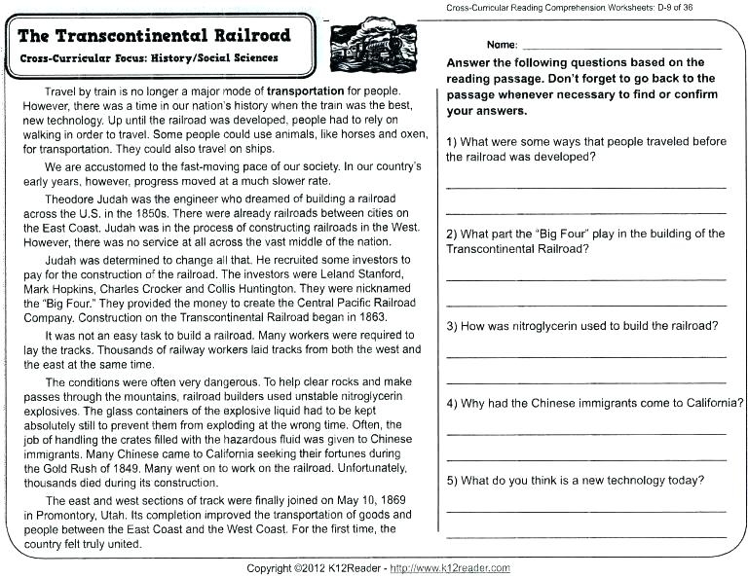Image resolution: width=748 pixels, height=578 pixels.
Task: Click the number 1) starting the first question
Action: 453,141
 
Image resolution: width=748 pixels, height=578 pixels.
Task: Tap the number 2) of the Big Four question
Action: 453,234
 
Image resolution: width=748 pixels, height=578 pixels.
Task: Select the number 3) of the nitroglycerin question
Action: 453,325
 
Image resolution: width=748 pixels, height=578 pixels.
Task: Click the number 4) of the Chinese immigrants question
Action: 453,403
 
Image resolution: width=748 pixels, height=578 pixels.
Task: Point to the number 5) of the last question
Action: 453,480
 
